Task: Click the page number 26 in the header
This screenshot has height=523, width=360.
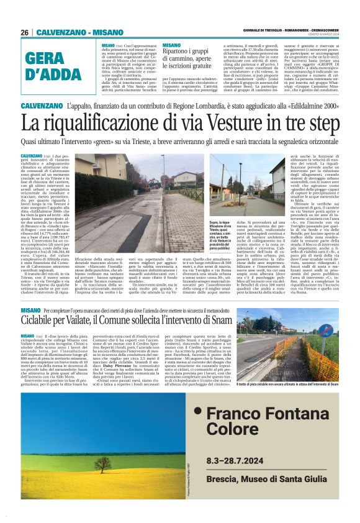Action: coord(25,32)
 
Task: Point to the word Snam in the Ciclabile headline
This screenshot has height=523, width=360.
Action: coord(245,322)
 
